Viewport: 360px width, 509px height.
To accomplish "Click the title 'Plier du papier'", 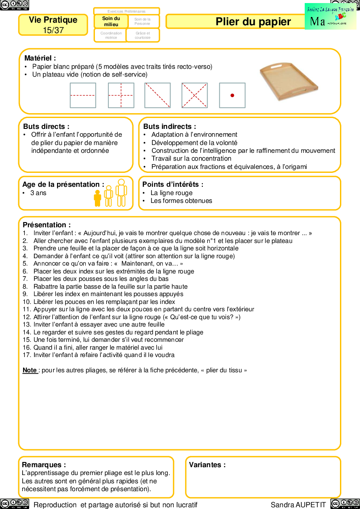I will [253, 22].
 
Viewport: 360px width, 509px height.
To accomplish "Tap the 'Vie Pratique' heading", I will [53, 20].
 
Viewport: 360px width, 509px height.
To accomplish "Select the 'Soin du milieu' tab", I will [111, 21].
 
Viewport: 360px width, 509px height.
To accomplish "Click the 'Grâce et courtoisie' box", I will [143, 35].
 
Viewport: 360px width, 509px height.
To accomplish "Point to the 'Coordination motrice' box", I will [111, 35].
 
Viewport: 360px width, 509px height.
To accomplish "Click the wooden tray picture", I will [289, 81].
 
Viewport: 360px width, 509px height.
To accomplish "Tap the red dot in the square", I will [232, 95].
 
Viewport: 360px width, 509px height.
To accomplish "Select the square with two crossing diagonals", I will [195, 95].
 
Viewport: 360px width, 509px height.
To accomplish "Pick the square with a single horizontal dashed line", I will [83, 95].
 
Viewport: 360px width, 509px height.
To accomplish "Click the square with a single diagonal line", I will [157, 95].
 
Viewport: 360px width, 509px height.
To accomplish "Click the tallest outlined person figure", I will [121, 192].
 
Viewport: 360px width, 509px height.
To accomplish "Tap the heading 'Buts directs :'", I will [46, 126].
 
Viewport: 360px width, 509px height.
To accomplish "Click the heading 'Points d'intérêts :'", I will [173, 184].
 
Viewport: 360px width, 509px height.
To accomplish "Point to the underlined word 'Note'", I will [30, 370].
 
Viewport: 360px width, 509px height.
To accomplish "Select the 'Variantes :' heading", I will [207, 465].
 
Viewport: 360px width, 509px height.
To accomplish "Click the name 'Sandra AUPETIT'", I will [298, 505].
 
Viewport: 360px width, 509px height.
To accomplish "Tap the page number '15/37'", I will [53, 30].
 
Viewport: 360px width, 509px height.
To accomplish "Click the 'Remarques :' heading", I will [44, 465].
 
